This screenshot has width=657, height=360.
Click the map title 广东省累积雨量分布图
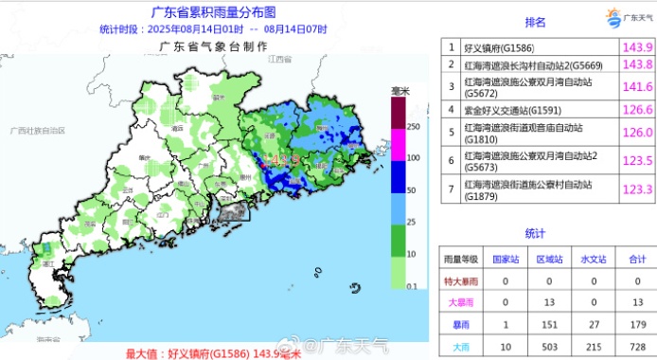214,13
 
